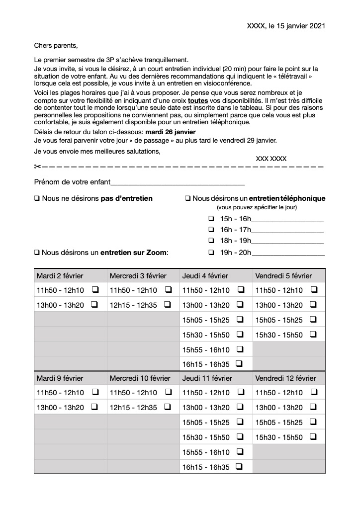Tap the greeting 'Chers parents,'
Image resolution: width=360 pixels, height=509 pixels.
click(56, 46)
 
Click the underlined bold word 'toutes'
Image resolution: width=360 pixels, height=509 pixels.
click(198, 100)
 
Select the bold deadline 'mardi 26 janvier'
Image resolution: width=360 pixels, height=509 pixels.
click(171, 132)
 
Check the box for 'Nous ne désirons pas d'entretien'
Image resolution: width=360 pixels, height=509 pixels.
click(37, 198)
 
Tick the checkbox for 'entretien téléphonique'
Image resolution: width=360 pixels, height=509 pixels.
click(188, 198)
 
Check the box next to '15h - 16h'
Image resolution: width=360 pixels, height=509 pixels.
click(211, 219)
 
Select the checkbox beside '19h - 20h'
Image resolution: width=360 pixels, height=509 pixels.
click(211, 253)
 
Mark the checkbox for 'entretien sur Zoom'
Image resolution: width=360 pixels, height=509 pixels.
click(37, 253)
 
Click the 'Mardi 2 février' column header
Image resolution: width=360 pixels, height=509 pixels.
click(60, 275)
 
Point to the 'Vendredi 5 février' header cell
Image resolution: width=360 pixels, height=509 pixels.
click(283, 275)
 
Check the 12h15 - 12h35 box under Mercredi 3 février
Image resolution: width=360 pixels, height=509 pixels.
click(168, 305)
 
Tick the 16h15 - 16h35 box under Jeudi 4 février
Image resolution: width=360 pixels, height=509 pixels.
click(240, 364)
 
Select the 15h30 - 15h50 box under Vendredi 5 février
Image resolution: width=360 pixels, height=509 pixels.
click(313, 335)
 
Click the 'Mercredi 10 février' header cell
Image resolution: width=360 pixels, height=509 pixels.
click(140, 378)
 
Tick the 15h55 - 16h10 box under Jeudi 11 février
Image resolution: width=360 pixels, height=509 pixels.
click(240, 452)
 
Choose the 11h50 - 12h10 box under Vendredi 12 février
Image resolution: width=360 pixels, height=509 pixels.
click(313, 393)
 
